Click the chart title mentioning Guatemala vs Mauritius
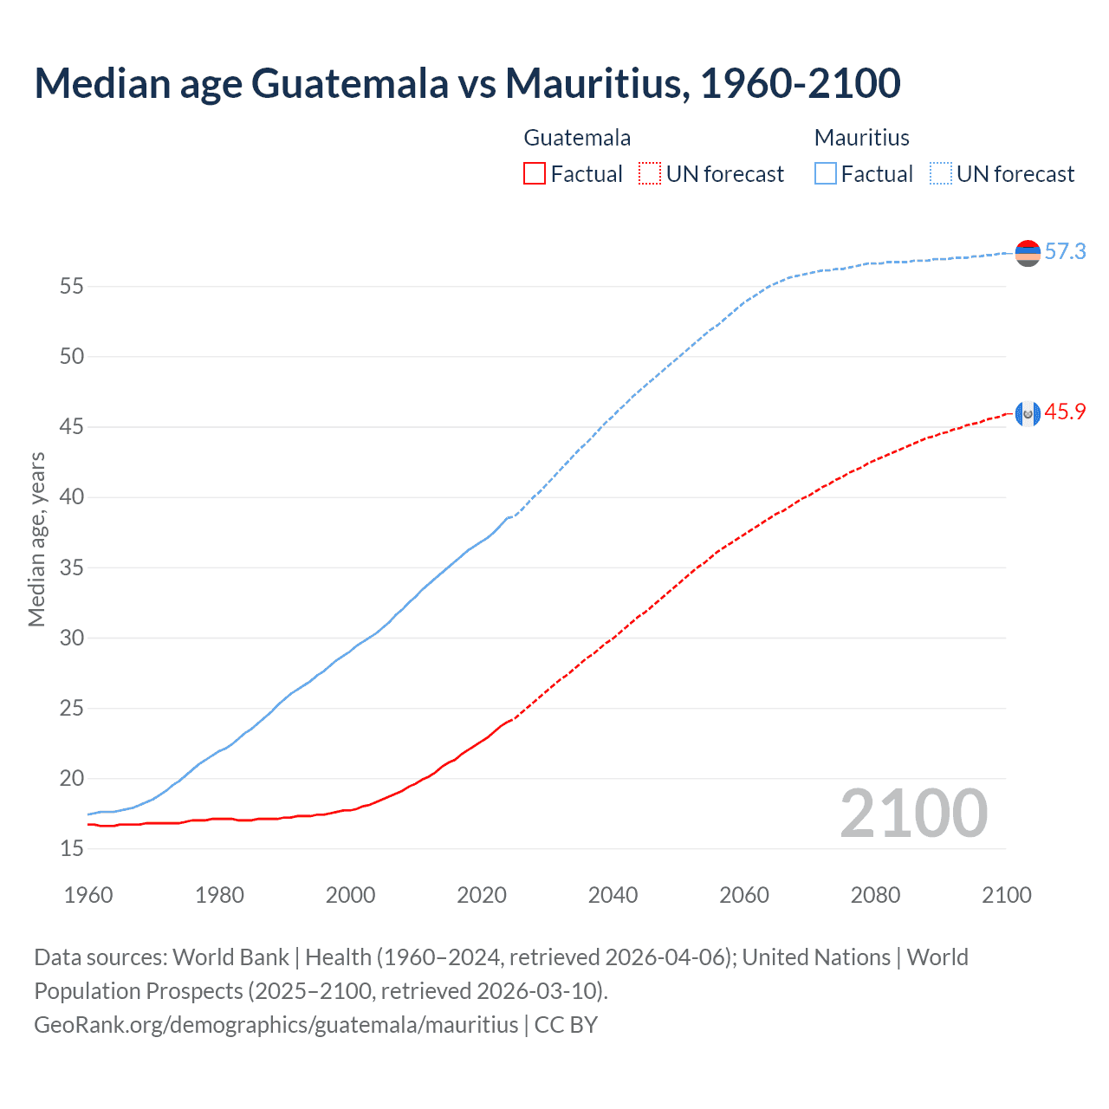(467, 83)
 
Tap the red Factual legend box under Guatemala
(535, 173)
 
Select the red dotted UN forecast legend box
(650, 173)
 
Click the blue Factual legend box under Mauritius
(826, 173)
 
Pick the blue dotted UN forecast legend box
(941, 173)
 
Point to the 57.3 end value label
(1065, 251)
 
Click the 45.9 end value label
(1065, 412)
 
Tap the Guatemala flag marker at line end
(1028, 414)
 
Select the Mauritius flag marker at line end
(1028, 253)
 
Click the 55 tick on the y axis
(71, 286)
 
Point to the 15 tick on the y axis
(71, 848)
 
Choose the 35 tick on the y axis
(71, 567)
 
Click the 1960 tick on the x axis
(88, 895)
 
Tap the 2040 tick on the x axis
(613, 895)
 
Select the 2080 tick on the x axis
(875, 895)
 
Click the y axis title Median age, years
(36, 539)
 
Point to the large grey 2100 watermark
(913, 814)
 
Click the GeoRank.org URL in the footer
(276, 1024)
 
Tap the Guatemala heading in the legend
(577, 138)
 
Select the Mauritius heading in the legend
(861, 138)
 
